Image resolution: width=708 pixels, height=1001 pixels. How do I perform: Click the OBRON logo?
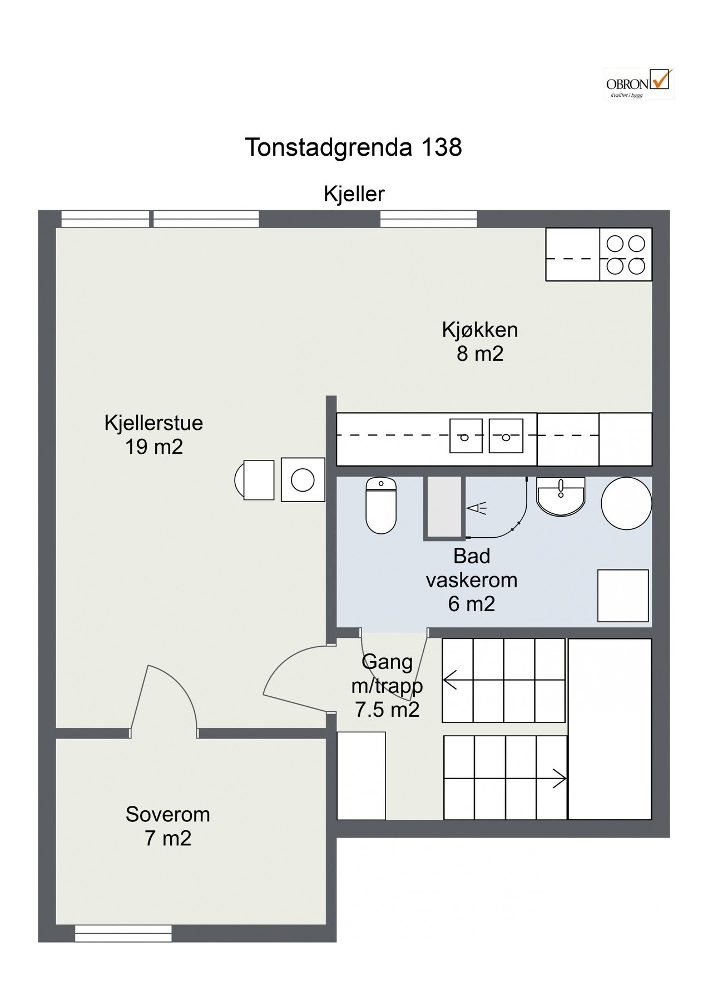pos(638,83)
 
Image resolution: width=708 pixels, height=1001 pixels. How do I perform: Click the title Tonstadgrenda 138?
pos(353,147)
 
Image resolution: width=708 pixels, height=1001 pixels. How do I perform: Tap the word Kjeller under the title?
pos(354,194)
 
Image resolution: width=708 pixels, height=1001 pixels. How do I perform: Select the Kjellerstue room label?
pos(154,435)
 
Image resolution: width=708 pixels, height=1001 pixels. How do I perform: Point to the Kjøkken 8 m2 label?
pos(480,341)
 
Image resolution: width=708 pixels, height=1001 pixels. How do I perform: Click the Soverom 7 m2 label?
pos(168,826)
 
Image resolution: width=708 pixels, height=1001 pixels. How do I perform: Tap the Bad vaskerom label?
pos(472,579)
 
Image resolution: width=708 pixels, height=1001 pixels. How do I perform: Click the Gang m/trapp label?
pos(387,686)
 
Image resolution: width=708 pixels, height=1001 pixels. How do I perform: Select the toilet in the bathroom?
pos(381,505)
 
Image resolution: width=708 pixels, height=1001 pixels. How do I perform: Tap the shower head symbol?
pos(476,508)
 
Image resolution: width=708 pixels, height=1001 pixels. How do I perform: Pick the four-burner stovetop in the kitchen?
pos(626,255)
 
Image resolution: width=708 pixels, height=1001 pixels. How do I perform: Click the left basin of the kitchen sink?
pos(466,435)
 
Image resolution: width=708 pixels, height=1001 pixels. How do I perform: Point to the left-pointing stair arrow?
pos(449,680)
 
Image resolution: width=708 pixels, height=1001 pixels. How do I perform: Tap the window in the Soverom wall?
pos(123,933)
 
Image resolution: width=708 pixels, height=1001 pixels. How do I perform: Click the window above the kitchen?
pos(428,219)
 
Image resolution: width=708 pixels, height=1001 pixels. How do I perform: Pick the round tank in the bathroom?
pos(626,503)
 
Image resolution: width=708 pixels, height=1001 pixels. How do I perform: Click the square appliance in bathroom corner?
pos(623,596)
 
